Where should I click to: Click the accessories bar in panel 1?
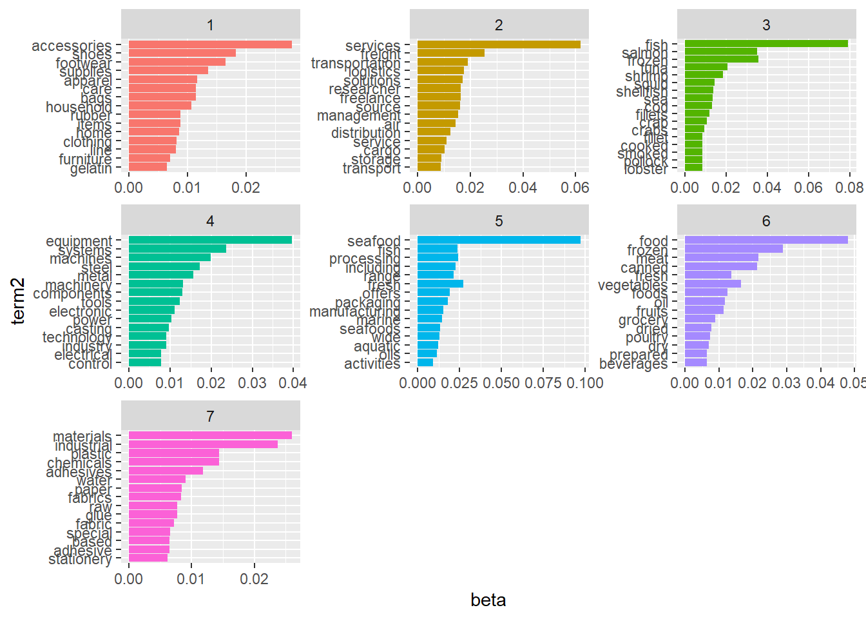pos(210,44)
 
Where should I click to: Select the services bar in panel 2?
pos(499,44)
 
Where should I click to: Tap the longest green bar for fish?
pos(766,44)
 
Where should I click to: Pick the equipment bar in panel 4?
pos(210,240)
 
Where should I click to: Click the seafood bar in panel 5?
pos(499,240)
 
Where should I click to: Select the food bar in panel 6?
pos(766,240)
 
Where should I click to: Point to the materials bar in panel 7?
pos(210,435)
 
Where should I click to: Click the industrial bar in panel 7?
pos(203,444)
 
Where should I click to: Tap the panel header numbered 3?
pos(766,25)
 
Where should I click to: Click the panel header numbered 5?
pos(499,221)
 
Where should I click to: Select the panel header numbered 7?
pos(210,417)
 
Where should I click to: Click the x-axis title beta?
pos(488,600)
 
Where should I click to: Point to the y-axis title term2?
pos(18,300)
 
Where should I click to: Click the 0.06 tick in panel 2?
pos(575,188)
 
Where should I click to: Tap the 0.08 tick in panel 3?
pos(849,188)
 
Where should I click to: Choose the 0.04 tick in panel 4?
pos(293,383)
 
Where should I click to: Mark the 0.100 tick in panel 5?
pos(585,383)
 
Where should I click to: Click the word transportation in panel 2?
pos(356,63)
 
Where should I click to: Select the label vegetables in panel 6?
pos(633,285)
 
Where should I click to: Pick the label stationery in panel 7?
pos(80,559)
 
